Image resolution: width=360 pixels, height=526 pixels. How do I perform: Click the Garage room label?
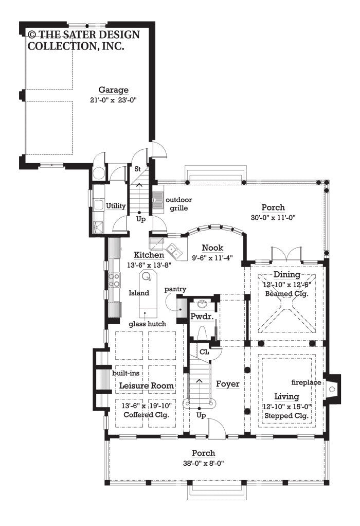pyautogui.click(x=113, y=90)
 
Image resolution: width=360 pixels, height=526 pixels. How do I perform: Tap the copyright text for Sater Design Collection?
pyautogui.click(x=76, y=40)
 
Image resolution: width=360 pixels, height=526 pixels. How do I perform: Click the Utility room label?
pyautogui.click(x=116, y=206)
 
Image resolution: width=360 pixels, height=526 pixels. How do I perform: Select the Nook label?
pyautogui.click(x=212, y=247)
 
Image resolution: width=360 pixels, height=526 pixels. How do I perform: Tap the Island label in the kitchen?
pyautogui.click(x=139, y=293)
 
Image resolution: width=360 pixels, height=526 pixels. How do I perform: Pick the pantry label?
pyautogui.click(x=175, y=289)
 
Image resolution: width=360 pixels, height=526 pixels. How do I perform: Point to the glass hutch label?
pyautogui.click(x=147, y=323)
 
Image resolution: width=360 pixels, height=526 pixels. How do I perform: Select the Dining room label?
pyautogui.click(x=286, y=275)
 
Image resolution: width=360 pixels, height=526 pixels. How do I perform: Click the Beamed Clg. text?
pyautogui.click(x=286, y=294)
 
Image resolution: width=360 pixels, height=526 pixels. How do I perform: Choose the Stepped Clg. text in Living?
pyautogui.click(x=286, y=415)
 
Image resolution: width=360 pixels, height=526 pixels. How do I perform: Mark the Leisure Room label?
pyautogui.click(x=147, y=385)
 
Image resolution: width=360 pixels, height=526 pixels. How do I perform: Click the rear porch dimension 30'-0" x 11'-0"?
pyautogui.click(x=273, y=217)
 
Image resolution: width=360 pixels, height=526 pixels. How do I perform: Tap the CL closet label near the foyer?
pyautogui.click(x=204, y=353)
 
